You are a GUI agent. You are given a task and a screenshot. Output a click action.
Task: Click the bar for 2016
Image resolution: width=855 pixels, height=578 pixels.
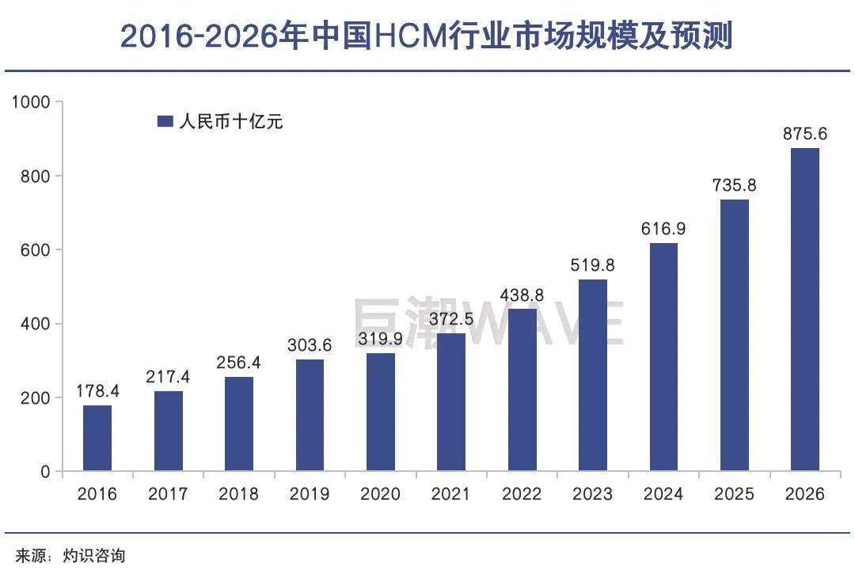coord(97,439)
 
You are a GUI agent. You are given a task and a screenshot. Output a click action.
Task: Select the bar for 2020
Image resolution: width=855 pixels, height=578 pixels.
coord(381,412)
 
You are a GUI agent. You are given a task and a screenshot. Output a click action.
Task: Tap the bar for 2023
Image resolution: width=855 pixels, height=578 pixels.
coord(593,375)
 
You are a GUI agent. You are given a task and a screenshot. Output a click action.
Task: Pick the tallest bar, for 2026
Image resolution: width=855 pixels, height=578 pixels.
coord(805,310)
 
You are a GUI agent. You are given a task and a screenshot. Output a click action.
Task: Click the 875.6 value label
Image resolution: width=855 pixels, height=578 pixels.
coord(805,134)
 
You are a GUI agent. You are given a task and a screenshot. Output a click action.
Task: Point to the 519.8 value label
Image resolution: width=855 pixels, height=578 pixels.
coord(593,265)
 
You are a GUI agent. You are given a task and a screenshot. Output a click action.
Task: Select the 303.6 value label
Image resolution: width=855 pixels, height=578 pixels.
coord(310,345)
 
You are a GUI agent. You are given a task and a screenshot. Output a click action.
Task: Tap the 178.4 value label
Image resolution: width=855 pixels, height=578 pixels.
coord(97,391)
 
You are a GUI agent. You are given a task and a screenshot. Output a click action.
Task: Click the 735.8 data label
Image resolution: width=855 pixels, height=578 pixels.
coord(735,185)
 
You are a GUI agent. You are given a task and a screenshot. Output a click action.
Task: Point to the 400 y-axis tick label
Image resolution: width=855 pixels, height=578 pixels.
coord(35,324)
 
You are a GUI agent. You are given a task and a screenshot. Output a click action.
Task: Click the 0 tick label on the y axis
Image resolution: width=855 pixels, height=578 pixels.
coord(45,472)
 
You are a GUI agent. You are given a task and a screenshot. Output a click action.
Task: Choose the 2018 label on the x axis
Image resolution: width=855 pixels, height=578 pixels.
coord(239,494)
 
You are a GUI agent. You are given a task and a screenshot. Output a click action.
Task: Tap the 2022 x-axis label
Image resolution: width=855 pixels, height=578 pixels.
coord(522,494)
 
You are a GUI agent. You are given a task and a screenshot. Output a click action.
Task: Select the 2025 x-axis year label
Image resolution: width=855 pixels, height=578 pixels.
coord(735,494)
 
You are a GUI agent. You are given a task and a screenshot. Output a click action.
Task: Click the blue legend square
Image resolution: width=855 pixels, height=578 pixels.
coord(165,121)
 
